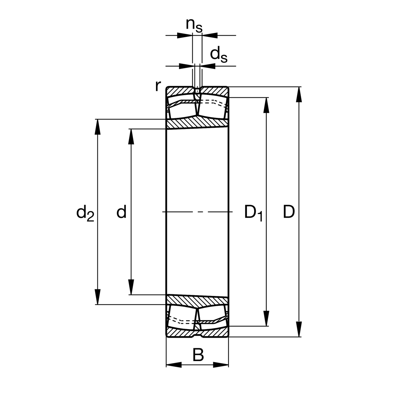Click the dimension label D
click(x=289, y=212)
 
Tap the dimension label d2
click(x=85, y=213)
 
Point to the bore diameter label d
click(x=121, y=212)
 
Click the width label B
click(x=198, y=355)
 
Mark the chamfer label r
click(x=158, y=86)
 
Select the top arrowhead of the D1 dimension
click(x=266, y=105)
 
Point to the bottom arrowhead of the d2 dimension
click(x=97, y=297)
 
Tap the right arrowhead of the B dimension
click(x=221, y=365)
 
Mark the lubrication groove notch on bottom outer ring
click(x=197, y=335)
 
